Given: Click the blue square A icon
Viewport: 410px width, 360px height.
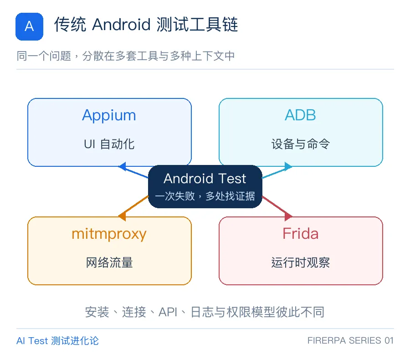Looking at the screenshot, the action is pos(29,26).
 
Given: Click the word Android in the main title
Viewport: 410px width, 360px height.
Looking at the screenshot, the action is pos(121,25).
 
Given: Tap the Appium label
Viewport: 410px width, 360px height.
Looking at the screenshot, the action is pos(109,115).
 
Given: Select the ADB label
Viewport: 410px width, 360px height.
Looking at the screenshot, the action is pos(301,115).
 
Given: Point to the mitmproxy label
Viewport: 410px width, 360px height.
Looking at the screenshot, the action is pos(109,234).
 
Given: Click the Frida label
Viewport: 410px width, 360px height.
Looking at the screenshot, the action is pos(301,233).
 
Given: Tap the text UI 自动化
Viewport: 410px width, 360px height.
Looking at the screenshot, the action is pos(109,144).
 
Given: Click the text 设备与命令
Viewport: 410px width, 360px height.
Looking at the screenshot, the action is pos(301,144).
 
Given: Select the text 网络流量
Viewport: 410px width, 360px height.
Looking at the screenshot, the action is pos(109,262).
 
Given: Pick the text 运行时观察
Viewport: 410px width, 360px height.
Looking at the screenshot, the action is pos(301,262).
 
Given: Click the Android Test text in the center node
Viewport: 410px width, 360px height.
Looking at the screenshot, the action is pos(205,179).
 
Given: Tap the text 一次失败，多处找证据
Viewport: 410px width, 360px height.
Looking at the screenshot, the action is pos(205,196).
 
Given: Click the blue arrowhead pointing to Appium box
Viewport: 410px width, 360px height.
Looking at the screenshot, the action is pos(123,167).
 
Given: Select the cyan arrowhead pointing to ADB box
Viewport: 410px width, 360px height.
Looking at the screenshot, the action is pos(288,167).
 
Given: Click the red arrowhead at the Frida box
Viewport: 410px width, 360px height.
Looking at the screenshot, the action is pos(288,216).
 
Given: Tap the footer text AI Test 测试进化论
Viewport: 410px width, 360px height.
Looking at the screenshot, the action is pos(57,341).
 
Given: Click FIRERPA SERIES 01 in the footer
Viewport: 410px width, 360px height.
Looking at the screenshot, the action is pos(350,341).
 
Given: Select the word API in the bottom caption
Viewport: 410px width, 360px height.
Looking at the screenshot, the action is pos(168,312).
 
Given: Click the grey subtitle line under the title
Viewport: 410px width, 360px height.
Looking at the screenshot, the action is pos(126,56).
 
